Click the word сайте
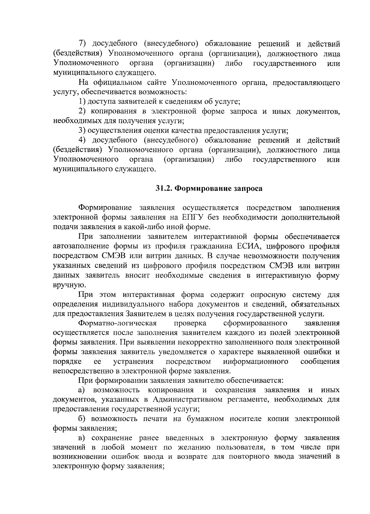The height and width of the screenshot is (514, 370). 156,83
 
